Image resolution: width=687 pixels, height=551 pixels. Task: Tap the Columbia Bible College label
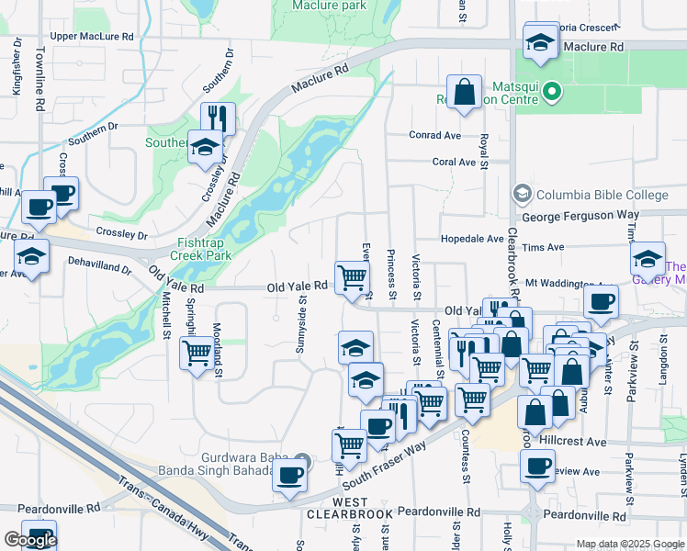click(x=602, y=195)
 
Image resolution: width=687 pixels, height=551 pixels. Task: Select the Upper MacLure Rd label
click(x=92, y=36)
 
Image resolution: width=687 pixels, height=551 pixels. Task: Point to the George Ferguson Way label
click(x=580, y=215)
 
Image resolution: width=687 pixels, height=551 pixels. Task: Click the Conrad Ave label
click(x=434, y=135)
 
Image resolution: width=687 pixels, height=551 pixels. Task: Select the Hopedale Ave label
click(x=472, y=238)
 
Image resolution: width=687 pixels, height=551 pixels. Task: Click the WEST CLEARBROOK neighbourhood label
click(x=338, y=509)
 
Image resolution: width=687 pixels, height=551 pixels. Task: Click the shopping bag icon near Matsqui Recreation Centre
click(x=466, y=92)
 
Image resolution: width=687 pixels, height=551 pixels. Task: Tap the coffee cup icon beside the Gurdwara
click(x=290, y=475)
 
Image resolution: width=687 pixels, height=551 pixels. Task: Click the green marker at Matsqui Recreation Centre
click(x=552, y=90)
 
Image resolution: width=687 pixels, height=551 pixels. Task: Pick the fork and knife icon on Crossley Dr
click(x=218, y=118)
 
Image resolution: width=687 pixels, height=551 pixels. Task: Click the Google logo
click(x=30, y=540)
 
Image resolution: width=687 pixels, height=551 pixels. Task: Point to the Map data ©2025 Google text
click(x=630, y=544)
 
